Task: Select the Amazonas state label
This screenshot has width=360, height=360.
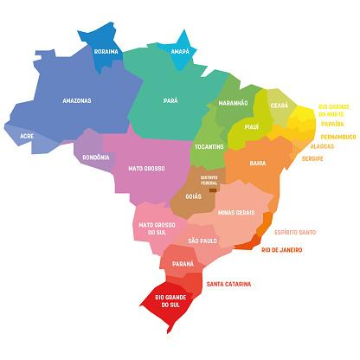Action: pos(77,100)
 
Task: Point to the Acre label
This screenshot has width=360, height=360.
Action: pos(26,136)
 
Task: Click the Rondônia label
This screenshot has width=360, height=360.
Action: pos(95,157)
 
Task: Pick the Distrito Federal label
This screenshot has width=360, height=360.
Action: pos(209,180)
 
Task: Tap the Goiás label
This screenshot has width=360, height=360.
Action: pos(193,197)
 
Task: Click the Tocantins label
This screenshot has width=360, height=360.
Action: pos(209,147)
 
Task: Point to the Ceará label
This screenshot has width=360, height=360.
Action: pos(279,105)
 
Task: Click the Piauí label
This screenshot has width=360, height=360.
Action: pos(252,125)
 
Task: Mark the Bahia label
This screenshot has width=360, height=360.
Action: pos(257,163)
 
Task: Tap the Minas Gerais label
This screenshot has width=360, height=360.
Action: pos(235,212)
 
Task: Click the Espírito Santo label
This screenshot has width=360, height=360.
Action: pos(294,232)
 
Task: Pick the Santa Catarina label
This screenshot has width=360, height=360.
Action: pos(228,284)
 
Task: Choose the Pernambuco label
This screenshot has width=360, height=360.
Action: pos(337,137)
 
